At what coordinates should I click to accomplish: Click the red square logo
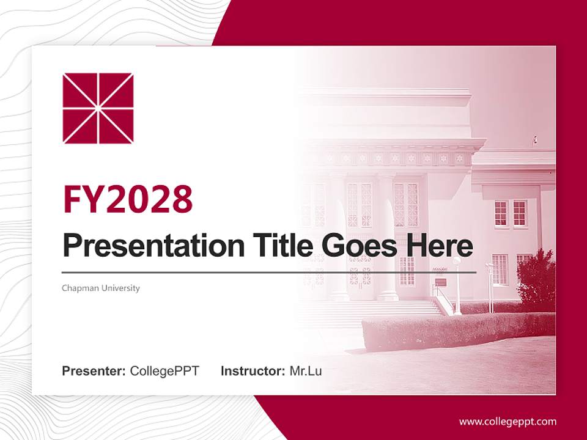98,108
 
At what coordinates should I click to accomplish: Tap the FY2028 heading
128,199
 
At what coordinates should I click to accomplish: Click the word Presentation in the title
153,246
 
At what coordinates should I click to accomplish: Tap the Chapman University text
101,288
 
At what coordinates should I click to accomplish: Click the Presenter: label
94,371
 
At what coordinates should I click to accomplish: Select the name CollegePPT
164,371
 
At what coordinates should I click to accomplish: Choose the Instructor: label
253,371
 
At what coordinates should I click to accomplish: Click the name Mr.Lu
305,371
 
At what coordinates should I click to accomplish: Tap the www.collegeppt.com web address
508,422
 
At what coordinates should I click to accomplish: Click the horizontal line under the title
269,272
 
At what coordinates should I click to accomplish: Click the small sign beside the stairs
441,282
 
